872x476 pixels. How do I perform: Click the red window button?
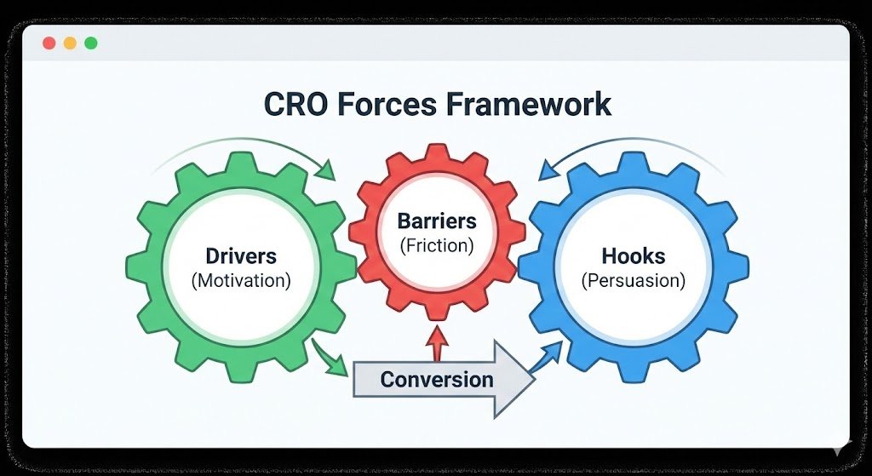coord(49,43)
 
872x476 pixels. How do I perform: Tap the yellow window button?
coord(70,43)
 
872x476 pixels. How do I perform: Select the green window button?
coord(91,43)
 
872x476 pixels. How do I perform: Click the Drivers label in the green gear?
coord(241,255)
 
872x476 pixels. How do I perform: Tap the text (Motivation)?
coord(241,280)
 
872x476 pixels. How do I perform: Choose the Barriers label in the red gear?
coord(438,221)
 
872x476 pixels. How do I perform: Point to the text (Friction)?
coord(437,245)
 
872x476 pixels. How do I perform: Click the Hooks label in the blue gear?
coord(633,255)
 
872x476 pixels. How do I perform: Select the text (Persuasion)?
coord(633,280)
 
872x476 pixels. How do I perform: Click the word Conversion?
coord(436,379)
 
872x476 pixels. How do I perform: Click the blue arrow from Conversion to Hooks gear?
coord(547,358)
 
